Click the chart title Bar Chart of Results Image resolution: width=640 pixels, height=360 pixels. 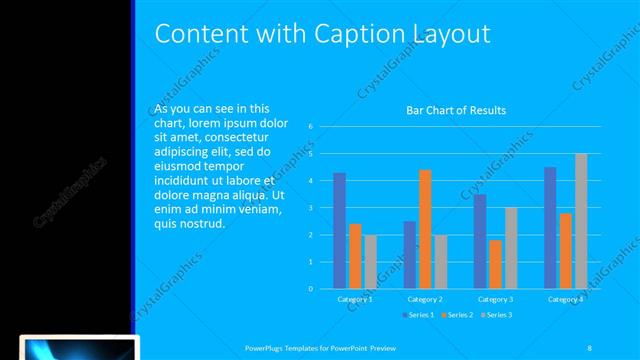(455, 110)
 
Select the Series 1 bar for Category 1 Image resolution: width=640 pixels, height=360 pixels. (339, 231)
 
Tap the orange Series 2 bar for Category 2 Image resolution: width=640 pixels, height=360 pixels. (425, 229)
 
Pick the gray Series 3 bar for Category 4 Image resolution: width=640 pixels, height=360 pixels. (581, 221)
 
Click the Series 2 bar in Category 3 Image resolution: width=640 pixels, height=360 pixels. (495, 264)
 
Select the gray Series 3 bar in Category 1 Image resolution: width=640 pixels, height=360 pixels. (371, 262)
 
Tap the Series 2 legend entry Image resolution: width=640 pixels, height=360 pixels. (458, 315)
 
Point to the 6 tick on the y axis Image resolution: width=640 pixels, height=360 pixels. (312, 127)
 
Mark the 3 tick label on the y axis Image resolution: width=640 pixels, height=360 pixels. (312, 208)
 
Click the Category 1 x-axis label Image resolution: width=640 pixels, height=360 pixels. (355, 299)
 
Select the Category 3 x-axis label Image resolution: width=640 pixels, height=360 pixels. (495, 299)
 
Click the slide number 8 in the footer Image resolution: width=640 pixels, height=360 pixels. (589, 347)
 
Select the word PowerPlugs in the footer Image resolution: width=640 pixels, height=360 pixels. (266, 347)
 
